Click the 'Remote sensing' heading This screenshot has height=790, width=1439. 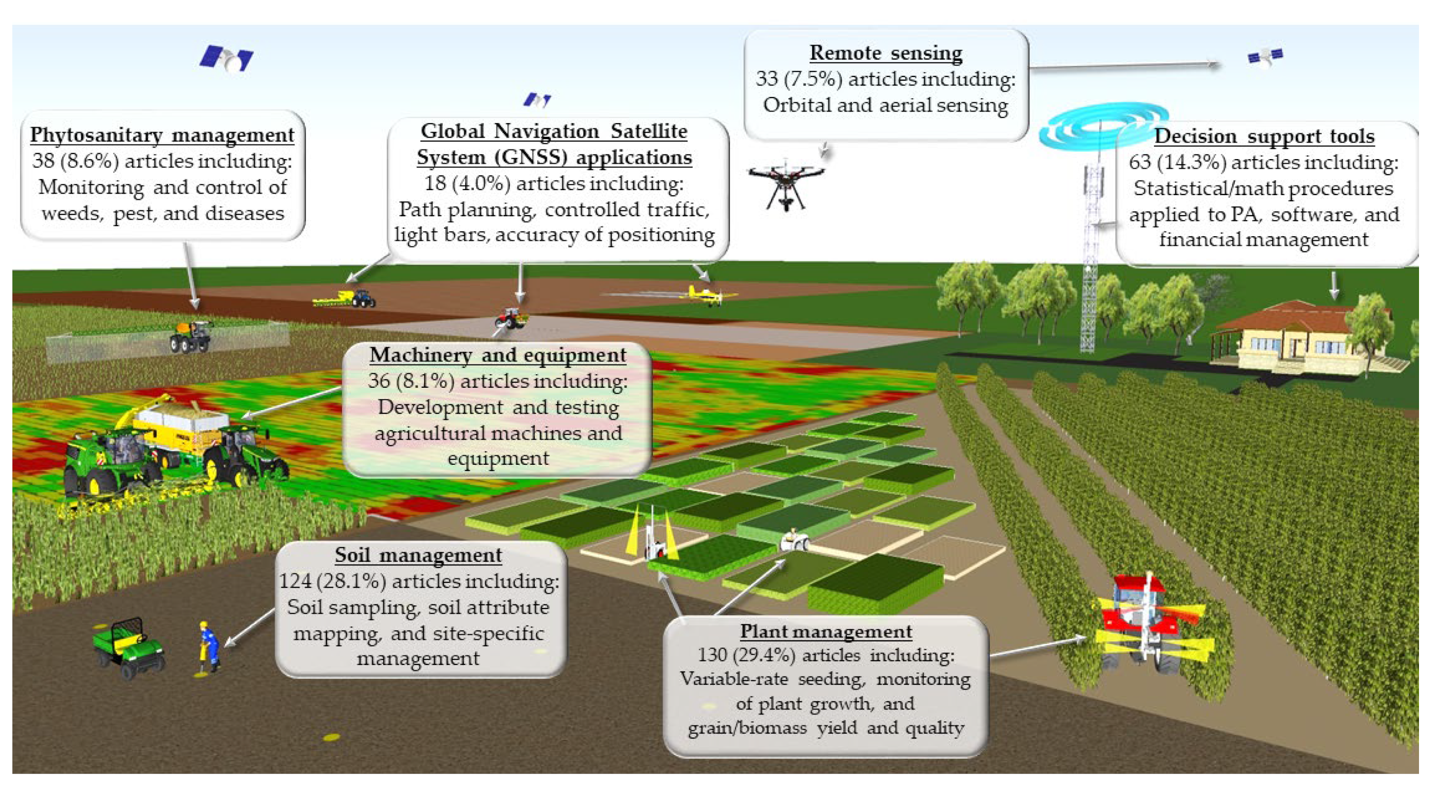coord(885,53)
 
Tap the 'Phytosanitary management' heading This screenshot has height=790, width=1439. coord(162,135)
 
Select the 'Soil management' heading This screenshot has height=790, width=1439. coord(418,555)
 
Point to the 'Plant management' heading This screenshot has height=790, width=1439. coord(826,631)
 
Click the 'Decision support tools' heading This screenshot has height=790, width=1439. coord(1264,136)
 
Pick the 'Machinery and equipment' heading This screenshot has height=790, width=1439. coord(498,355)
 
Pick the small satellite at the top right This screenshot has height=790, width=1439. coord(1265,57)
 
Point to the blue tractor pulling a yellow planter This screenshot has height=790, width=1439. coord(362,298)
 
